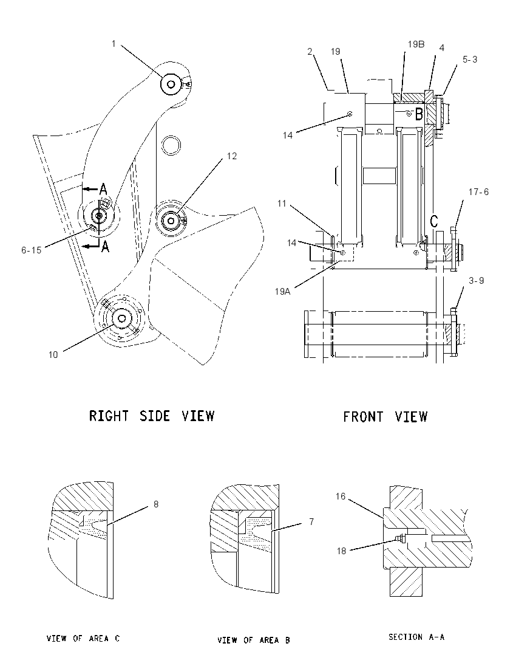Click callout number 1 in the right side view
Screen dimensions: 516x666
[x=114, y=43]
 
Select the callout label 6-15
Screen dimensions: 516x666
[x=32, y=250]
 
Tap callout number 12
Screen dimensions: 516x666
[x=232, y=156]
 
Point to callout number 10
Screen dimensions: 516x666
[x=53, y=355]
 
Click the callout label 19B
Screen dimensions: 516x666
[x=416, y=44]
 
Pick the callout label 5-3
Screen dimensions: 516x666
[x=470, y=60]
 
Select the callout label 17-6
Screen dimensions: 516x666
[x=478, y=192]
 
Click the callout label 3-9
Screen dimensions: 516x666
[x=476, y=281]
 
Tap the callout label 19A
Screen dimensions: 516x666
[x=283, y=292]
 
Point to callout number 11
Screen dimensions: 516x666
[x=282, y=204]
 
